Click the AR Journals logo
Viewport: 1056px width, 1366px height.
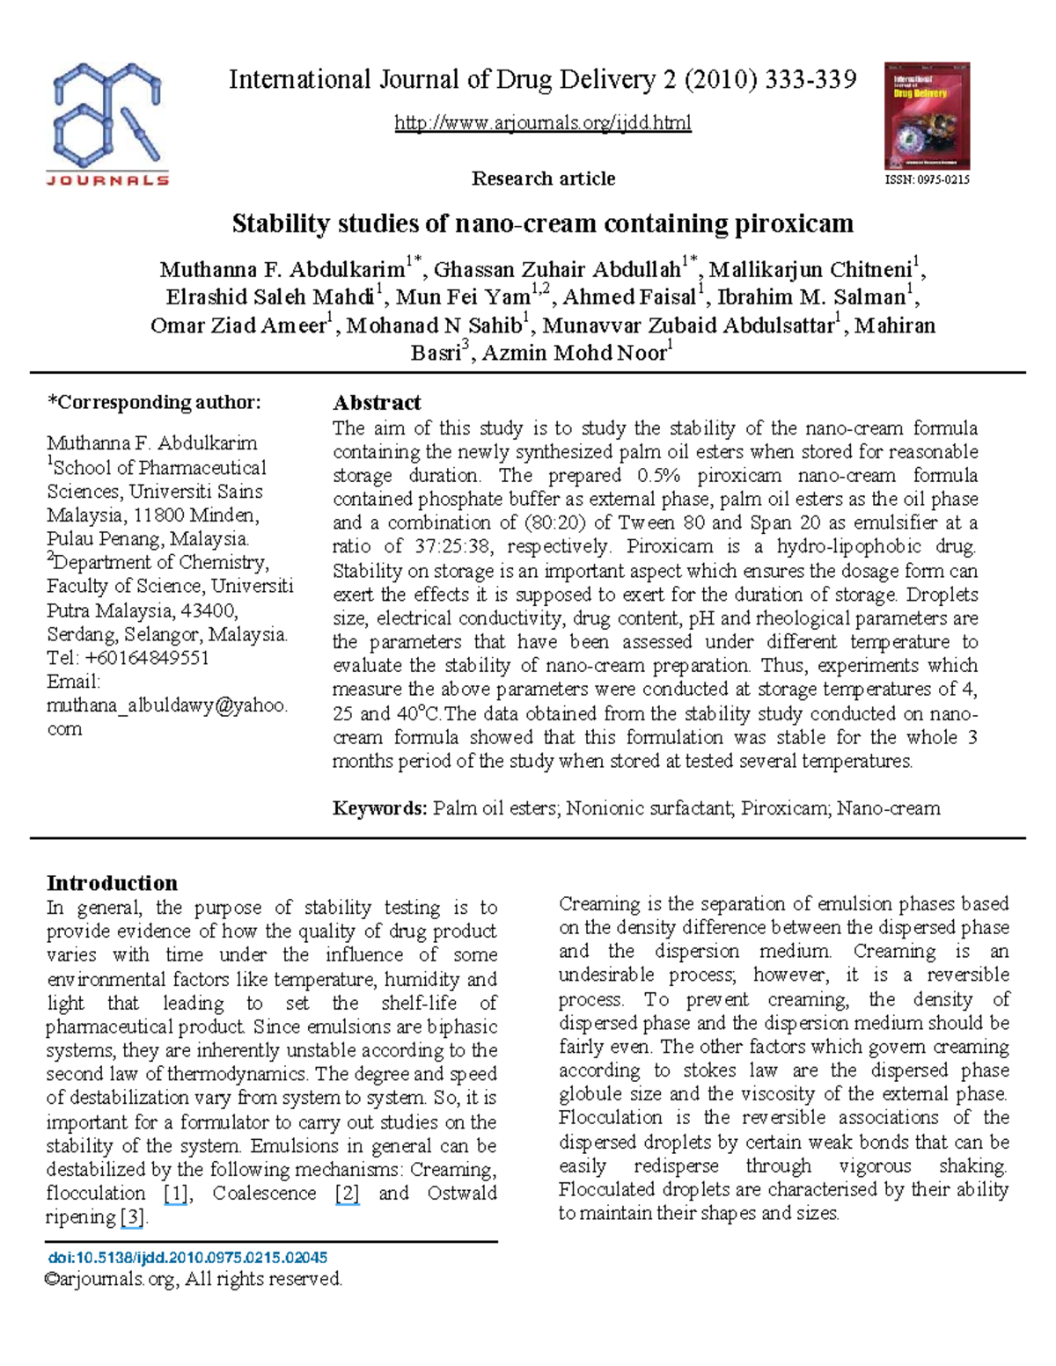(x=107, y=124)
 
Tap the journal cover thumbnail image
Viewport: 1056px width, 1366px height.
(x=927, y=115)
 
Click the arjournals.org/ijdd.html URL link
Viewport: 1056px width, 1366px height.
(x=543, y=122)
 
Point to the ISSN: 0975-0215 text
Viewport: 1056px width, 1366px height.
(x=927, y=179)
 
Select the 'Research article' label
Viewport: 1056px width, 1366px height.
(x=543, y=179)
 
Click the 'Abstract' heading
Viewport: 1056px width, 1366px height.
(x=377, y=403)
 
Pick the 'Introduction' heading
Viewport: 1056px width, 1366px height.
(x=112, y=883)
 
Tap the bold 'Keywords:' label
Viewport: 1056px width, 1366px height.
(x=380, y=808)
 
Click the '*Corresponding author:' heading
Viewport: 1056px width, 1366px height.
(x=154, y=403)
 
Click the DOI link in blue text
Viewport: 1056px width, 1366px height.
(x=187, y=1258)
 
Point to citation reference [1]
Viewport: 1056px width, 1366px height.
(x=176, y=1194)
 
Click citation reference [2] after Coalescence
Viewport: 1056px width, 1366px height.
(x=348, y=1194)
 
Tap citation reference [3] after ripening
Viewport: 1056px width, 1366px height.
(x=133, y=1217)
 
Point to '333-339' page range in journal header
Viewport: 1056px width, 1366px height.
(x=810, y=81)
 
